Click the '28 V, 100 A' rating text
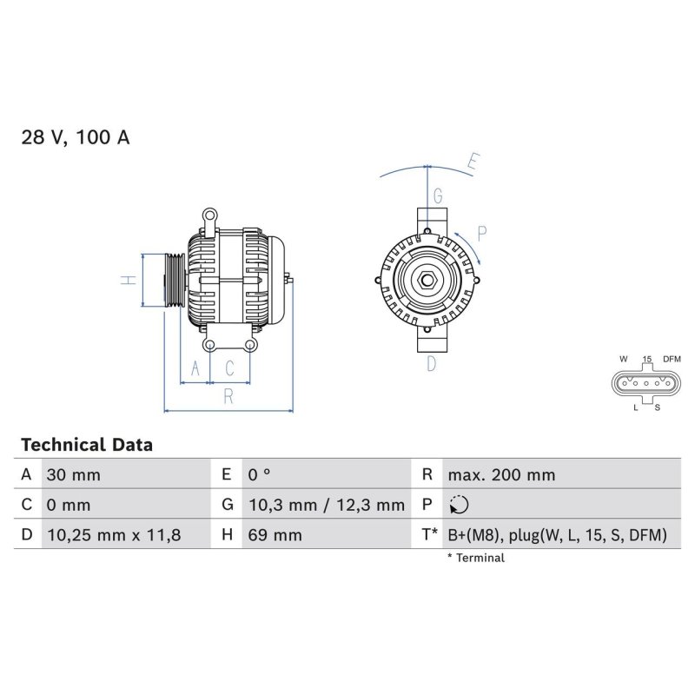pyautogui.click(x=76, y=137)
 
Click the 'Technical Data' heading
pyautogui.click(x=86, y=445)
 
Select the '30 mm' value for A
pyautogui.click(x=72, y=475)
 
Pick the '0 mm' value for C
pyautogui.click(x=67, y=505)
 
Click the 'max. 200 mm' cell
pyautogui.click(x=501, y=475)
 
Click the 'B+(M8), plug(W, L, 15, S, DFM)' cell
pyautogui.click(x=557, y=535)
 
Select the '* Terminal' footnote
pyautogui.click(x=475, y=558)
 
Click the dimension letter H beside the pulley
pyautogui.click(x=127, y=280)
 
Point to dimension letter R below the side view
pyautogui.click(x=228, y=396)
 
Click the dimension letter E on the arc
pyautogui.click(x=473, y=161)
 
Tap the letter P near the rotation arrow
pyautogui.click(x=482, y=232)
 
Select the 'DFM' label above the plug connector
pyautogui.click(x=672, y=359)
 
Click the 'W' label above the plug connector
pyautogui.click(x=623, y=359)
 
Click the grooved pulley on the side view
pyautogui.click(x=173, y=280)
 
